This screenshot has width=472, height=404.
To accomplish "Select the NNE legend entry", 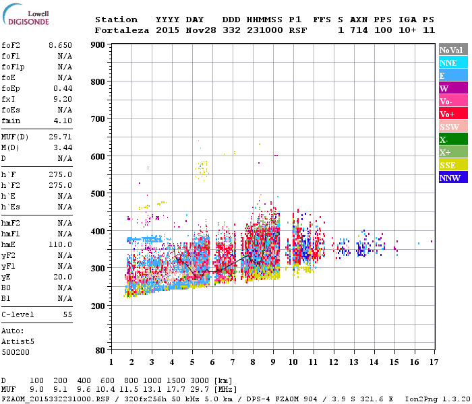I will [x=453, y=63].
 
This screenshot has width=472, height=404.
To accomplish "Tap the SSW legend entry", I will [x=453, y=127].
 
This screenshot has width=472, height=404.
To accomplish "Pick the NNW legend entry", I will [x=453, y=178].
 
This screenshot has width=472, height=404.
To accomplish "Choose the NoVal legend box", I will [x=453, y=50].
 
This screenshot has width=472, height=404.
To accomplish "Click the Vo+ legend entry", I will [x=453, y=114].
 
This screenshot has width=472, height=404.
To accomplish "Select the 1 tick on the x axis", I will [x=111, y=362].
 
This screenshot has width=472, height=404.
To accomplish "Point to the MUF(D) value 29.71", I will [x=60, y=137].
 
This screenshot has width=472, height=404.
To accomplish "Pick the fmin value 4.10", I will [x=63, y=121].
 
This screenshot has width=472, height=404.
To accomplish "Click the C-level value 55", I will [x=67, y=314].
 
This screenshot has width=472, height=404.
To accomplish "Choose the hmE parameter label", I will [x=9, y=244].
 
